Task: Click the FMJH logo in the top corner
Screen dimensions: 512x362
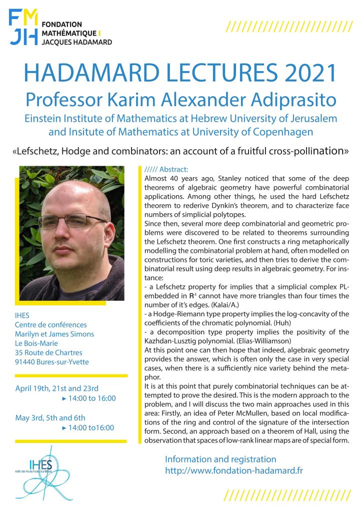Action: click(x=24, y=28)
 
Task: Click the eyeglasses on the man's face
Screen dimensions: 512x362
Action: click(x=69, y=222)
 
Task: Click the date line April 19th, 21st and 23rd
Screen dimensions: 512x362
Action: click(x=56, y=388)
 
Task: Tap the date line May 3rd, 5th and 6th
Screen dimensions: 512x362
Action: click(x=50, y=418)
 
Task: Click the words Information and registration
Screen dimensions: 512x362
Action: click(x=220, y=459)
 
